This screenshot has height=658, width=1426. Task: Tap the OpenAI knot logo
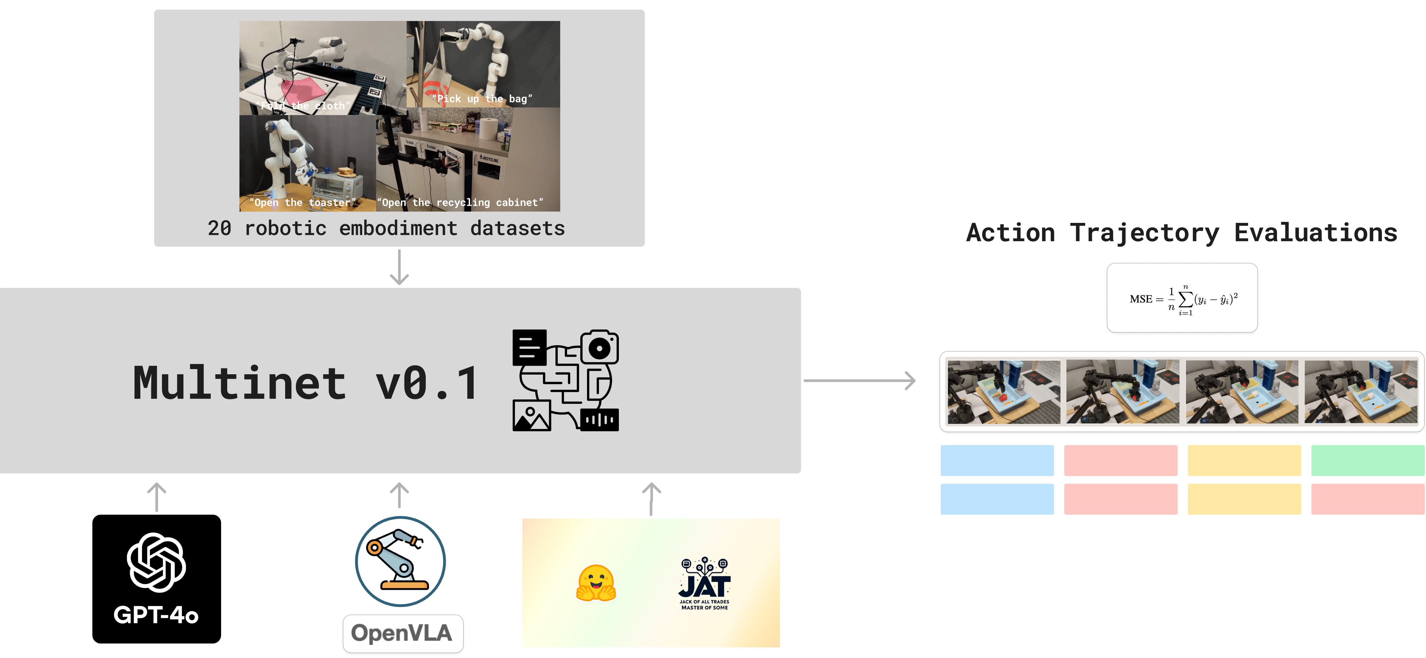[156, 562]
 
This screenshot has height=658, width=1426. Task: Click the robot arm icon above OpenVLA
[400, 560]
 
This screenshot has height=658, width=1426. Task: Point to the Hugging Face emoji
[596, 583]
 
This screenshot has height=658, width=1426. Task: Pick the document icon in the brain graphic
[529, 347]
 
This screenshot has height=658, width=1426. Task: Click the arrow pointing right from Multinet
[859, 380]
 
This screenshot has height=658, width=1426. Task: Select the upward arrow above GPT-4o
[157, 497]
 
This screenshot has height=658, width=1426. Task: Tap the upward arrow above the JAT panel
[651, 499]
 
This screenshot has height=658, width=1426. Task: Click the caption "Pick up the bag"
[481, 99]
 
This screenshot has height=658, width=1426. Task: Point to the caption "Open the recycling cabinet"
[460, 202]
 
